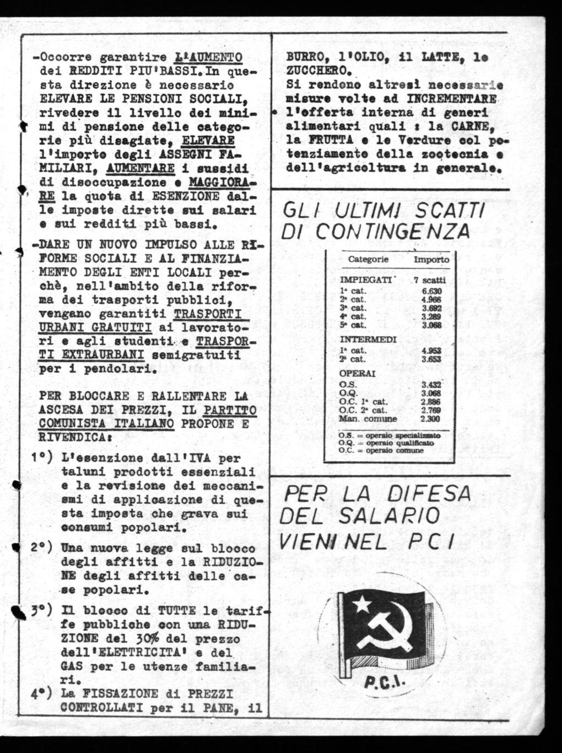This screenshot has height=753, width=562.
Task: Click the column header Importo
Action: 431,259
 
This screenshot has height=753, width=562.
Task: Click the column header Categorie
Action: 369,259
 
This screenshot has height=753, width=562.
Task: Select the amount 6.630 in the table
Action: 432,291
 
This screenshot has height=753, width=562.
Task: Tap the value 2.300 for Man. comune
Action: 430,419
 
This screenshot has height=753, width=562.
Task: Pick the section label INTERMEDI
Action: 364,339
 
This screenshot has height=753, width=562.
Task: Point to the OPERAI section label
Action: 356,373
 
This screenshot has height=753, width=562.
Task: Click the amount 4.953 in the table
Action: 431,350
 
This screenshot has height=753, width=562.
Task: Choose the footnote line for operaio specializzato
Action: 393,434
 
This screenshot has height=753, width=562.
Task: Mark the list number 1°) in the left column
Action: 41,458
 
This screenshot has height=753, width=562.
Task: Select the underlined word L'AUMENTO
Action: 208,57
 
